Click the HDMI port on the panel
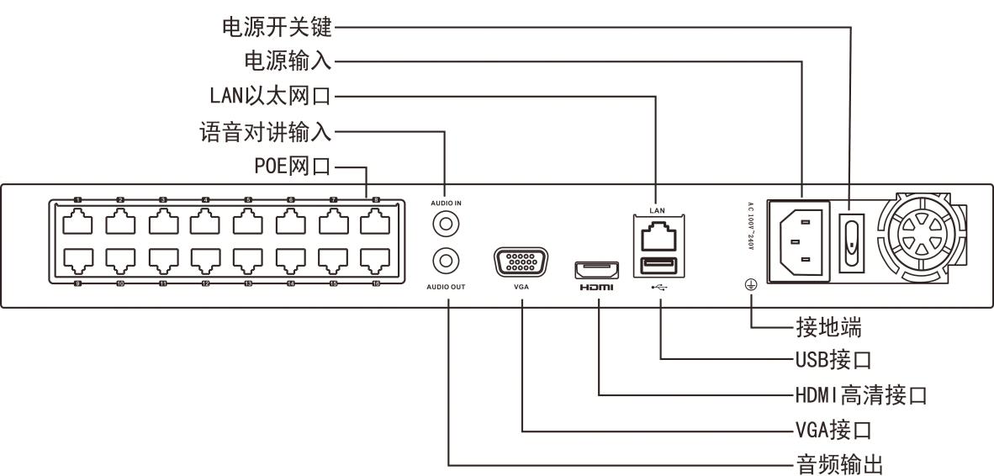596,271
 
